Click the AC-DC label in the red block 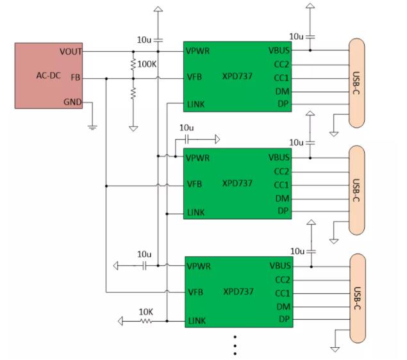tap(47, 76)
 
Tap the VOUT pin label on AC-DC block tap(71, 51)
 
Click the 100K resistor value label tap(147, 65)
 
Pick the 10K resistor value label tap(146, 312)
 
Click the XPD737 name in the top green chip tap(237, 76)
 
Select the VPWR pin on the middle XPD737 tap(199, 158)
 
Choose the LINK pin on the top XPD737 tap(195, 104)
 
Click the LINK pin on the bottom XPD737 tap(196, 320)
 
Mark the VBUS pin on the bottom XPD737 tap(279, 265)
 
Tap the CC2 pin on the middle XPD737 tap(282, 171)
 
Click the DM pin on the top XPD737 tap(283, 92)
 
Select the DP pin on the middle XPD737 tap(283, 211)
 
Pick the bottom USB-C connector tap(356, 292)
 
